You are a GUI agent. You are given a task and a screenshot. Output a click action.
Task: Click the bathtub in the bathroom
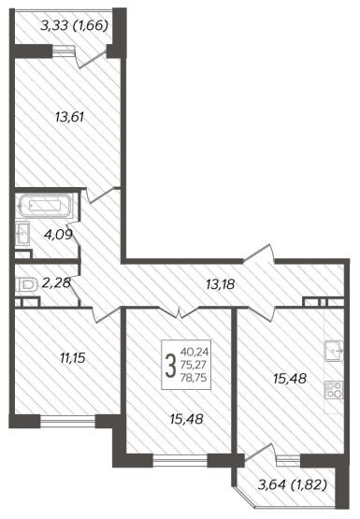click(46, 206)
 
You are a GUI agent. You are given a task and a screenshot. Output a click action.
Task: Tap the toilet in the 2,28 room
click(26, 285)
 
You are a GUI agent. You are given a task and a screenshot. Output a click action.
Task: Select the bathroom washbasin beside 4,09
click(22, 234)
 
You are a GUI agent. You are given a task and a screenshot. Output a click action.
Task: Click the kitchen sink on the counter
click(334, 351)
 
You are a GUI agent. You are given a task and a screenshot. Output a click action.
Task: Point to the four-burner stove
click(334, 390)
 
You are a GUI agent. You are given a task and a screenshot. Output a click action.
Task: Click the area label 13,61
click(69, 117)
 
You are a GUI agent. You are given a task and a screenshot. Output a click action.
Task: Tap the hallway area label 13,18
click(221, 284)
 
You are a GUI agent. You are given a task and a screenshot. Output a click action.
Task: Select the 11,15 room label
click(73, 358)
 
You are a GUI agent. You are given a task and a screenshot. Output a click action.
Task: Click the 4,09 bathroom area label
click(58, 235)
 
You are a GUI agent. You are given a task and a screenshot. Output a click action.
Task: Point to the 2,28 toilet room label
click(57, 282)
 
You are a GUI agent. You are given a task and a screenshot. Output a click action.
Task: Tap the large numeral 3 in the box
click(170, 366)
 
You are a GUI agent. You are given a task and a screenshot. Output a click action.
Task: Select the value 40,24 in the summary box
click(194, 352)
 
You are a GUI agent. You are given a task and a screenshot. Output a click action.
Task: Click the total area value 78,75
click(194, 378)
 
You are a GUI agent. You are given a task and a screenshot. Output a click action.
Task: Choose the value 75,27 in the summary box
click(194, 365)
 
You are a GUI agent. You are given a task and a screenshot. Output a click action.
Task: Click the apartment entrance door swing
click(259, 252)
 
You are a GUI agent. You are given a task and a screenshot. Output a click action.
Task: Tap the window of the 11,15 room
click(68, 420)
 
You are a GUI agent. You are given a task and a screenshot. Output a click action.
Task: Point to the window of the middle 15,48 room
click(180, 459)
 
